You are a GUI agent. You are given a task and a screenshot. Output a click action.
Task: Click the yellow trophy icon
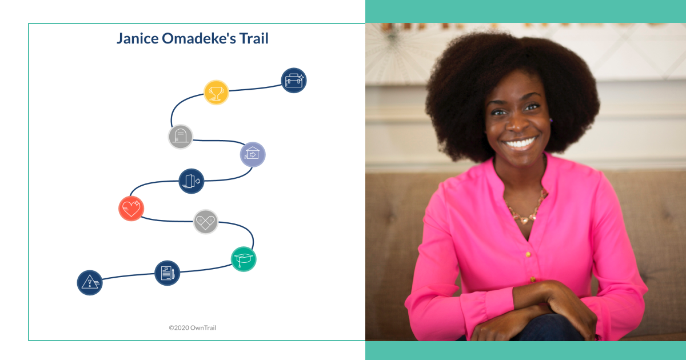(x=216, y=93)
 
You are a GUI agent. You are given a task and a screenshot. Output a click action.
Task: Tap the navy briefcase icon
(x=294, y=80)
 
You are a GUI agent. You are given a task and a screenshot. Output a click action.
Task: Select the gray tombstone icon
(x=181, y=137)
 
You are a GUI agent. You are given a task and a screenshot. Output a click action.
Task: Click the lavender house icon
(x=253, y=154)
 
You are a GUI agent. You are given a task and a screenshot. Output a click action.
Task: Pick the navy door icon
(x=192, y=181)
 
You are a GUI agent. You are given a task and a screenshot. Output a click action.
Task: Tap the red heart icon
(x=131, y=209)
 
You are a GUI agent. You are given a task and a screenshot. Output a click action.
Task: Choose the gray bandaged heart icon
(x=205, y=222)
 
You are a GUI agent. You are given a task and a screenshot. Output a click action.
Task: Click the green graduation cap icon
(x=244, y=259)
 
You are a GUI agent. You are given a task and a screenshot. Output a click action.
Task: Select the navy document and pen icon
(x=167, y=273)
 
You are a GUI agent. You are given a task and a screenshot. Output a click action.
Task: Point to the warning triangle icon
(x=90, y=282)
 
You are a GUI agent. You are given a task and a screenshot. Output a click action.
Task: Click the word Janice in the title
(x=138, y=39)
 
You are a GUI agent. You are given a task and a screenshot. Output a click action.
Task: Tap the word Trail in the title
(x=254, y=39)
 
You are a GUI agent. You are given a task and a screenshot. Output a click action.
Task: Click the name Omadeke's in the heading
(x=199, y=39)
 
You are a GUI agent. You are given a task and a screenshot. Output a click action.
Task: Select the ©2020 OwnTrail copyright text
(x=192, y=327)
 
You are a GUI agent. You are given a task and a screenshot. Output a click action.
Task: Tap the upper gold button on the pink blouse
(x=528, y=254)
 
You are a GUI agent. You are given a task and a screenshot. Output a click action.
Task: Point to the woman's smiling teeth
(x=520, y=143)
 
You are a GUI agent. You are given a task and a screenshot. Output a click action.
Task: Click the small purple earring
(x=551, y=121)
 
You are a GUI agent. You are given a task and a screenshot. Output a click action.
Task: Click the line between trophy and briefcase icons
(x=255, y=89)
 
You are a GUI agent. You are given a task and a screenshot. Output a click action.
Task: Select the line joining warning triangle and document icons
(x=128, y=276)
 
